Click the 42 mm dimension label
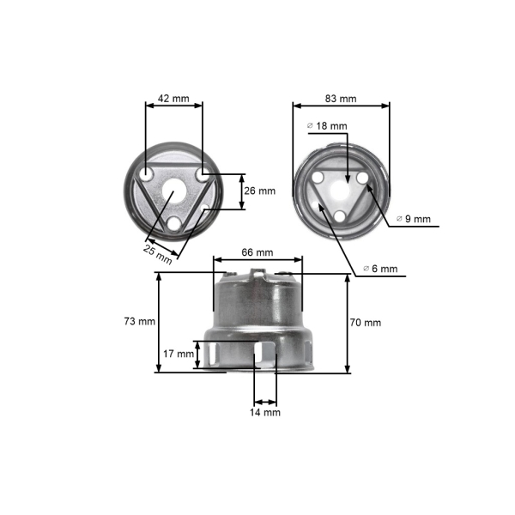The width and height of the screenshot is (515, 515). point(174,99)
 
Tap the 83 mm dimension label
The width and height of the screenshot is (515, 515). point(341,99)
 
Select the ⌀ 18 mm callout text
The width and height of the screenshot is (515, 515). point(328,125)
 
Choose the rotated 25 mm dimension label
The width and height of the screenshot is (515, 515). point(157,254)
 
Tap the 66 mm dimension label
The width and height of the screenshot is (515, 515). point(257,252)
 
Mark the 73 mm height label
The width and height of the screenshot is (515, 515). point(139,322)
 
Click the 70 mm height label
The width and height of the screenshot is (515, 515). point(366,323)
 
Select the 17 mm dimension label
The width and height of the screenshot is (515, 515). point(179,354)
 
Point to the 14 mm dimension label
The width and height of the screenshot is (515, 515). point(265,412)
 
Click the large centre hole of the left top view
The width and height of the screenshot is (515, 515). point(174,194)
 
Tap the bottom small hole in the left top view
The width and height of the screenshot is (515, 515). point(174,223)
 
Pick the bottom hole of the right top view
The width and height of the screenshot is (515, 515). point(341,215)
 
